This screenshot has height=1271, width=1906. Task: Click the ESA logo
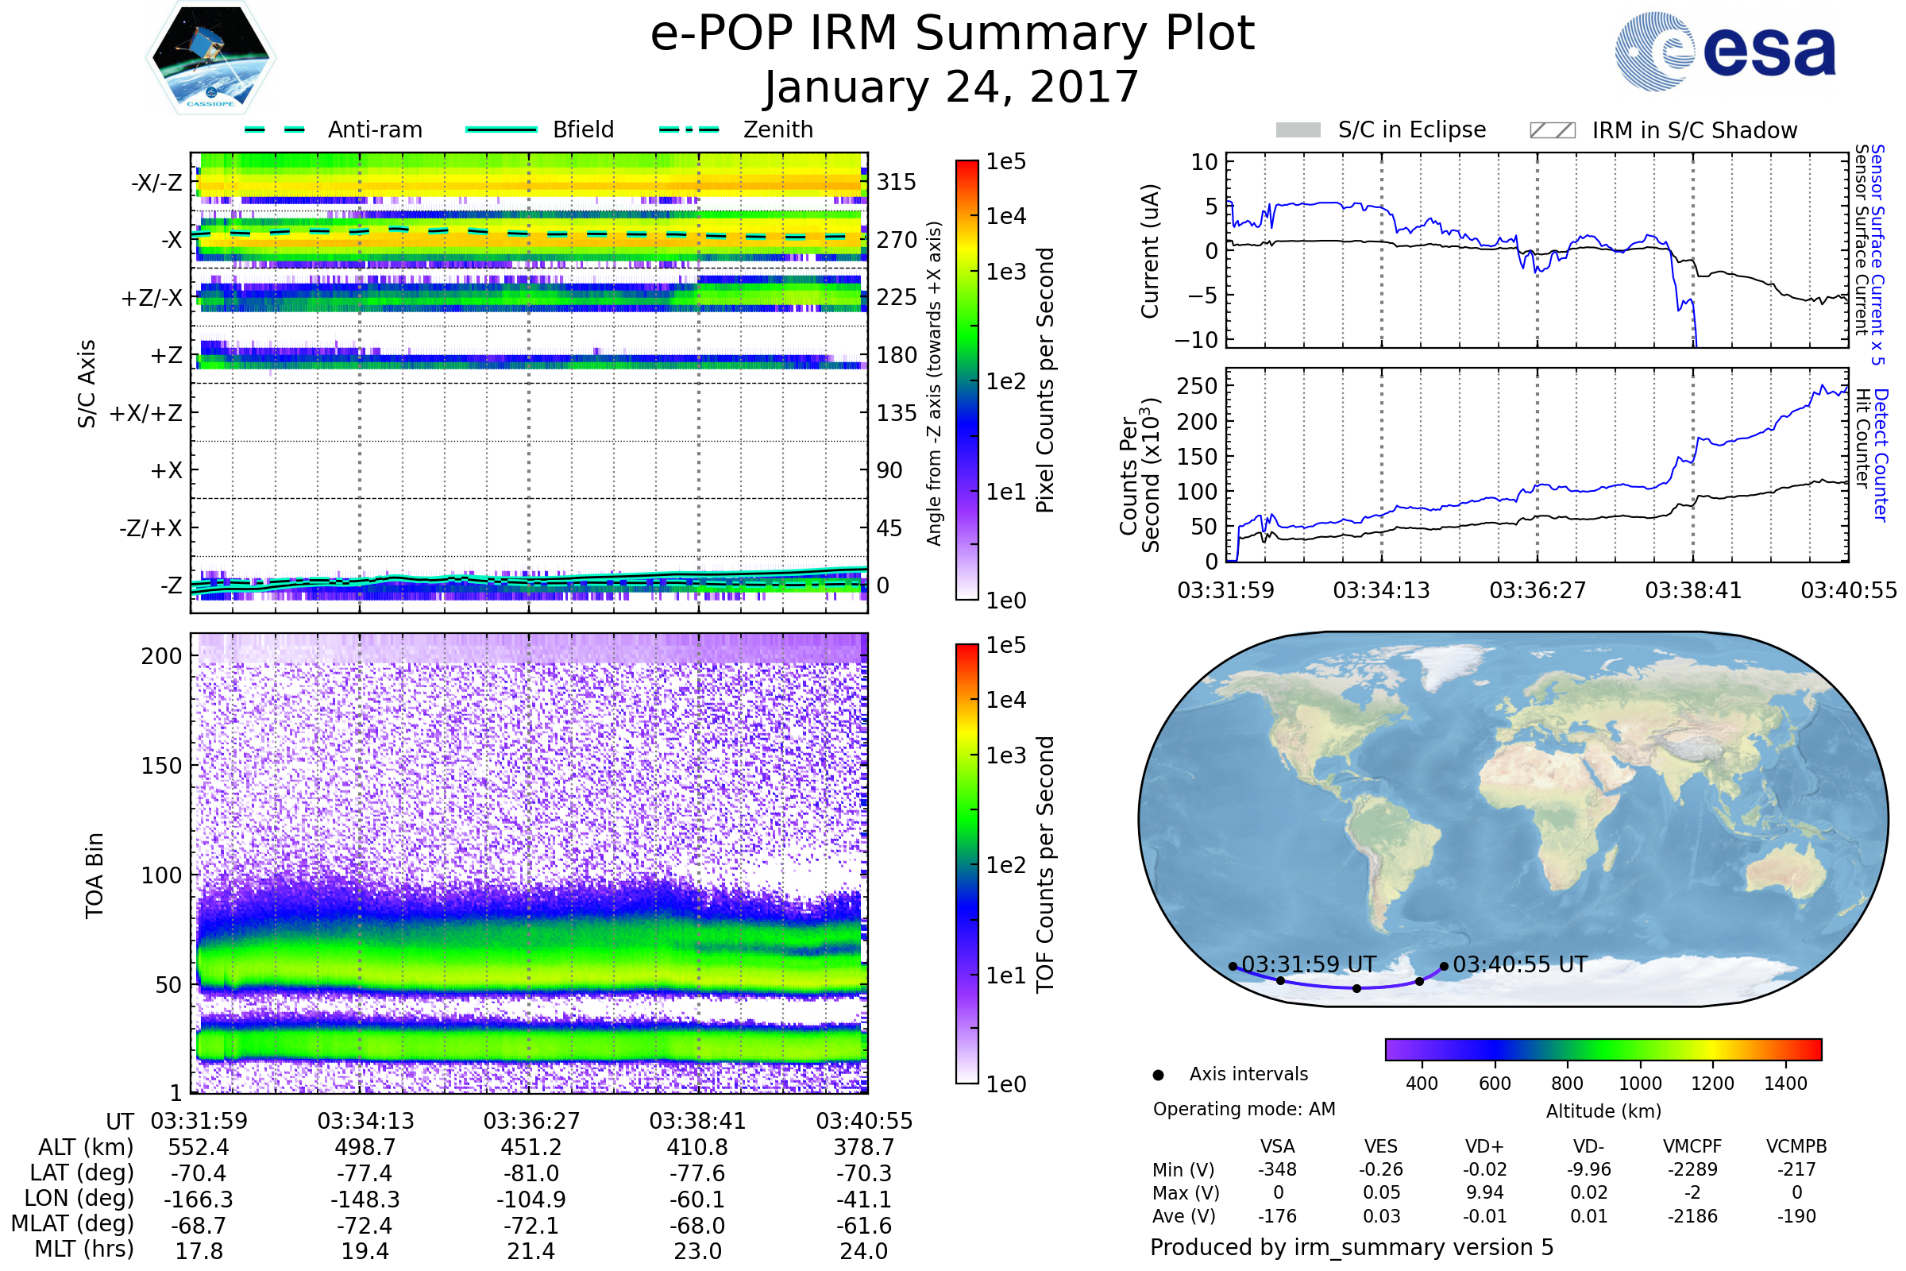[1725, 51]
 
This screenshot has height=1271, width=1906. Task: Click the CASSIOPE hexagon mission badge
[210, 57]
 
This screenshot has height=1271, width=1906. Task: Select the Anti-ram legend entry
[333, 129]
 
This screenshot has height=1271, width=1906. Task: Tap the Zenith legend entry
[736, 129]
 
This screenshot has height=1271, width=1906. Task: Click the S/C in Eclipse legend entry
[1381, 130]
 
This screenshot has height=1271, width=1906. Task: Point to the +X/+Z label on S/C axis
[146, 413]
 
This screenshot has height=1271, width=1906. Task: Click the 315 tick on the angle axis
[897, 182]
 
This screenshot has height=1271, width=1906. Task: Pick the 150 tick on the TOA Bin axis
[161, 766]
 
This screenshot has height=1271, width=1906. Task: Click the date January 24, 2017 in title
[952, 87]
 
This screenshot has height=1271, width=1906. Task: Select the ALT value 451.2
[531, 1148]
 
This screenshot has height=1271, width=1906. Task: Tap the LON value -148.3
[365, 1200]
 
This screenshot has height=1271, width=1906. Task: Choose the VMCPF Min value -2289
[1693, 1169]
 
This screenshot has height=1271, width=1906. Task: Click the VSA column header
[1277, 1147]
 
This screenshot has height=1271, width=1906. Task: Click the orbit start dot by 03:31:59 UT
[1233, 966]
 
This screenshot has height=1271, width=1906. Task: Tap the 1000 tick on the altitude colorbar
[1640, 1084]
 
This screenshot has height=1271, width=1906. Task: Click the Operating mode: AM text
[1244, 1109]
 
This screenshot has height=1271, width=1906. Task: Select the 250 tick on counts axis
[1197, 386]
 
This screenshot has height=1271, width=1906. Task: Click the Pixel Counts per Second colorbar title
[1045, 381]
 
